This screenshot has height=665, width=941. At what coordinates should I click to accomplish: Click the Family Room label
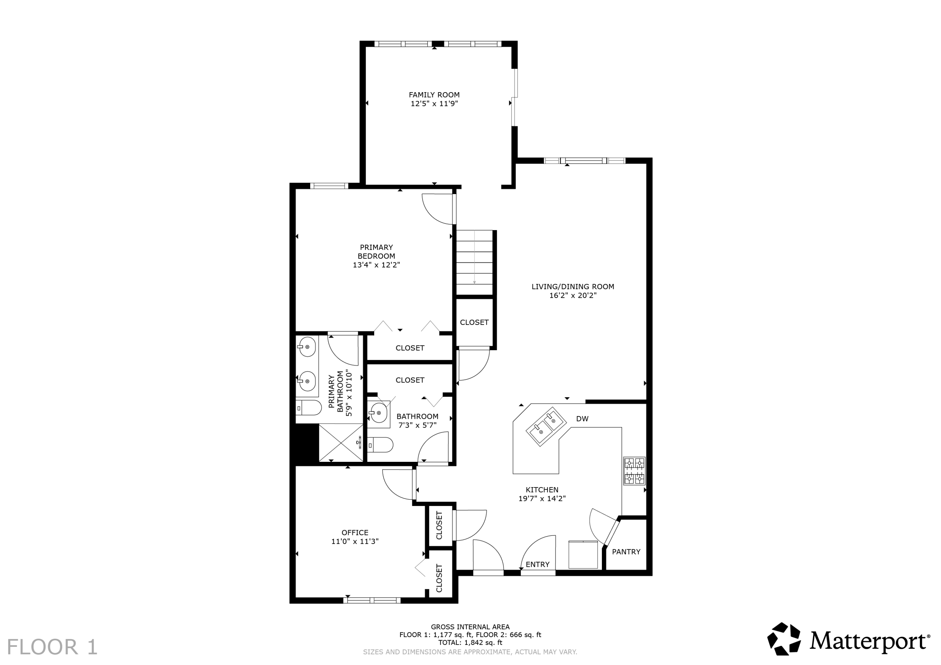click(434, 95)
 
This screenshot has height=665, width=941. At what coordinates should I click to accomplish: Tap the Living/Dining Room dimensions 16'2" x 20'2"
click(572, 295)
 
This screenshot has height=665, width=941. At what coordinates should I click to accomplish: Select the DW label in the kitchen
click(582, 419)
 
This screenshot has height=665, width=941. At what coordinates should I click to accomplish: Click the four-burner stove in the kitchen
click(634, 471)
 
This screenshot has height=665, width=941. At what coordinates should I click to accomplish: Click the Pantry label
click(626, 552)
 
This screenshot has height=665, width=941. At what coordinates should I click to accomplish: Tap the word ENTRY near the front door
click(537, 565)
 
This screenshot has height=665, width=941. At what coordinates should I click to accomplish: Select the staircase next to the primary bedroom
click(475, 262)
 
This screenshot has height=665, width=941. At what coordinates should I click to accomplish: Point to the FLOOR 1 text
click(52, 647)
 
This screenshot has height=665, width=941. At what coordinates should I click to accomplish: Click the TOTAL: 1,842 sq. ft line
click(470, 643)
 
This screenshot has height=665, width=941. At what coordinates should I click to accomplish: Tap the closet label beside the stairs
click(474, 322)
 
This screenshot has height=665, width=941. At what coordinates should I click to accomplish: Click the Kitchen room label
click(542, 490)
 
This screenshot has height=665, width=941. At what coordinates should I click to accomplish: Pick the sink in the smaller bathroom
click(378, 412)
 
